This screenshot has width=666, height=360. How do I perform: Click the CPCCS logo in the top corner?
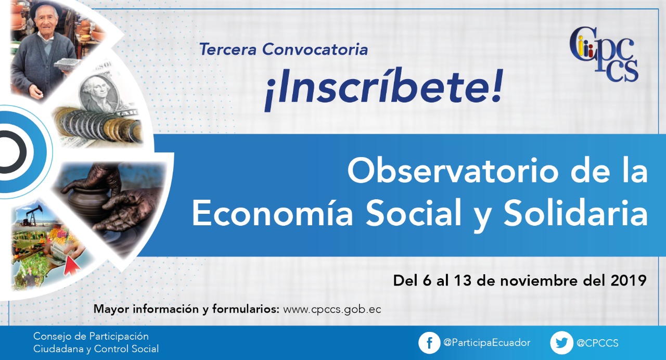tap(604, 55)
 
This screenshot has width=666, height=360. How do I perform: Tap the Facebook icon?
tap(429, 343)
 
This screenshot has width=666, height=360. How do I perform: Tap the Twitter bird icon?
tap(561, 343)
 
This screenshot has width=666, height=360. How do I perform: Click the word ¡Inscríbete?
tap(383, 88)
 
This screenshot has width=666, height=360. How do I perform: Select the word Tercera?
tap(228, 49)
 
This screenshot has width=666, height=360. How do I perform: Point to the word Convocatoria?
tap(315, 49)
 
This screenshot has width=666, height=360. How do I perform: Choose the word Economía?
tap(273, 213)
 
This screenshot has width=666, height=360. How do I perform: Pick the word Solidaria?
tap(575, 213)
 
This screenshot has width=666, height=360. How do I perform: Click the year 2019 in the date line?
tap(629, 280)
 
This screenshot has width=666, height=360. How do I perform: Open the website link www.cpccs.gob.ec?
tap(332, 310)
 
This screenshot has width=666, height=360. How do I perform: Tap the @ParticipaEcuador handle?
tap(486, 343)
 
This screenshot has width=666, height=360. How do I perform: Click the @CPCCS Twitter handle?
tap(597, 343)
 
